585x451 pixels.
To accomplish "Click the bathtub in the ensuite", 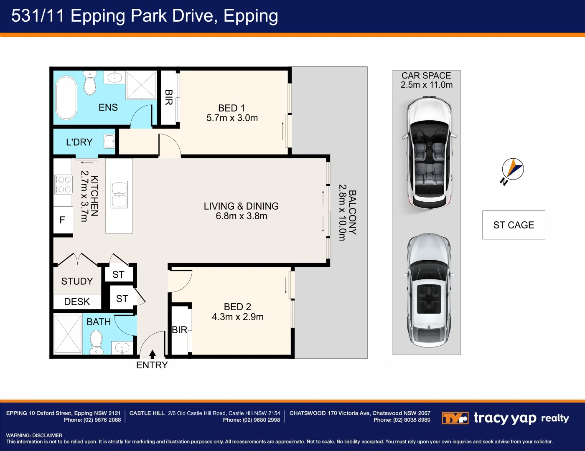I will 66,97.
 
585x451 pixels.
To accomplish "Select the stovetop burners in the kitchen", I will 64,184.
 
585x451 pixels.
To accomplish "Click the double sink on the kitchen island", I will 119,195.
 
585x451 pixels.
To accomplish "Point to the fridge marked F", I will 63,220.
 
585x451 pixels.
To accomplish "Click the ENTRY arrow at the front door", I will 153,355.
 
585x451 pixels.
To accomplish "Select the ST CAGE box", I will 514,225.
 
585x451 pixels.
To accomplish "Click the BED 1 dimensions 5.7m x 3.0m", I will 232,118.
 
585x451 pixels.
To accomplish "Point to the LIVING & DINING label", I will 241,206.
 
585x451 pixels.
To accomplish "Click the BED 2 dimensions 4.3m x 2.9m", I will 237,317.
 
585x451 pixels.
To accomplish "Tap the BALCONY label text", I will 352,213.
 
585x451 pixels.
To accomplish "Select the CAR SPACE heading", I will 426,76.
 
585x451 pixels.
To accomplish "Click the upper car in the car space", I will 429,152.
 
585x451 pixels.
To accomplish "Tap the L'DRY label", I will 79,142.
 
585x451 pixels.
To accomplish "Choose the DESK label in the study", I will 77,302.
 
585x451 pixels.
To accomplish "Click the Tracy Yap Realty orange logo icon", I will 455,418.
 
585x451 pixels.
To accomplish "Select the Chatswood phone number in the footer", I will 402,420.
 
